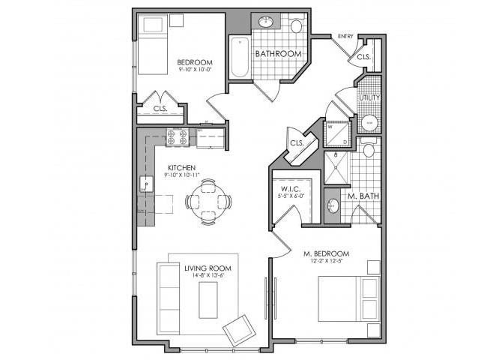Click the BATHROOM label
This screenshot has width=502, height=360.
point(278,54)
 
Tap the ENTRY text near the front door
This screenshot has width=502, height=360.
point(345,36)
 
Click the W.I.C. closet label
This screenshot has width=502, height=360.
point(291,189)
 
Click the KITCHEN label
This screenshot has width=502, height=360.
point(181,167)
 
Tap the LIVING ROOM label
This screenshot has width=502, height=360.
point(208,268)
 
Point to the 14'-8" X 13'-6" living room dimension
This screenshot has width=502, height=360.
point(208,275)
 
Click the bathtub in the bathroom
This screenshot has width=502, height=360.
point(240,57)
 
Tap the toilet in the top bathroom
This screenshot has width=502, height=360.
point(296,27)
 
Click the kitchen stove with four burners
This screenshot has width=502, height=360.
point(177,136)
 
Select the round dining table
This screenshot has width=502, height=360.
point(208,202)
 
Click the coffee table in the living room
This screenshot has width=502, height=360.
point(208,301)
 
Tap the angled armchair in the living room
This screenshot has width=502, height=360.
point(240,328)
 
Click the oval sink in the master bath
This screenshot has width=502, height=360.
point(333,205)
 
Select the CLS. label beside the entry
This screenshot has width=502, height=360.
point(364,57)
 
